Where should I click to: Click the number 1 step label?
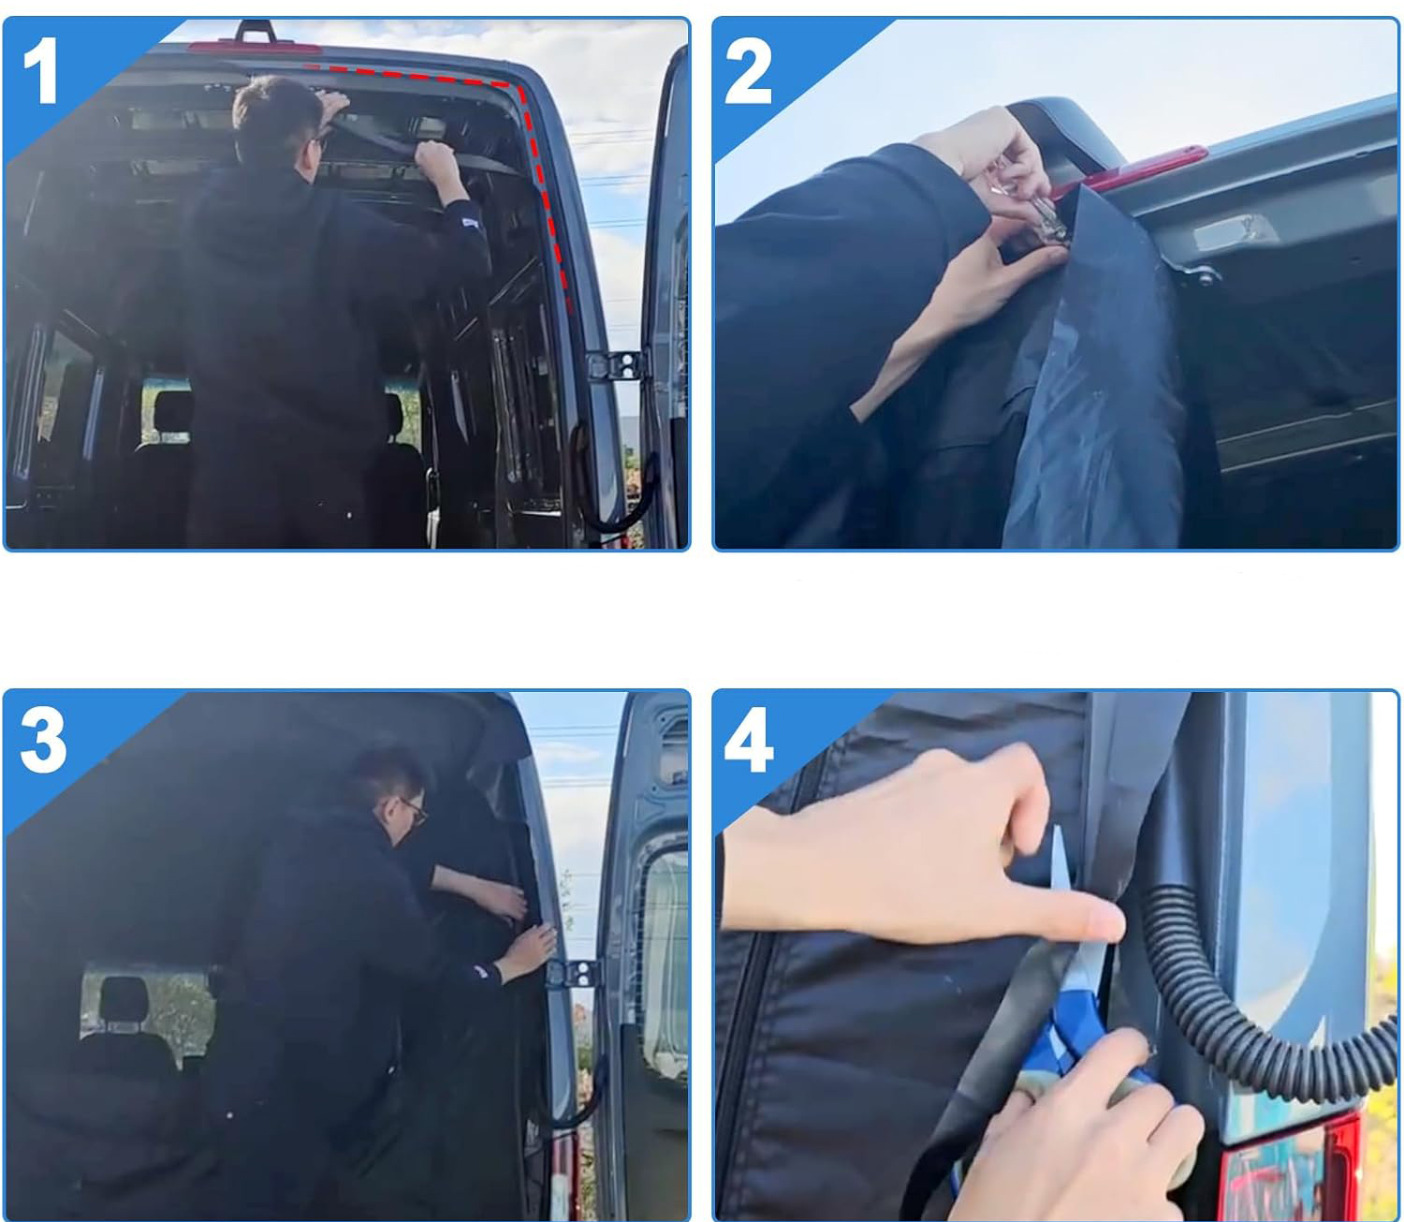40,70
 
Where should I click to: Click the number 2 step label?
748,70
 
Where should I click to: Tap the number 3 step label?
43,741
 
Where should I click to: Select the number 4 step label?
749,741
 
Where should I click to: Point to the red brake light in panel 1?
255,48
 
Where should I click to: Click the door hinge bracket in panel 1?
616,365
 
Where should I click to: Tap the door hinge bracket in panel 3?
574,973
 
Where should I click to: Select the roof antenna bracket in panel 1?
256,32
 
